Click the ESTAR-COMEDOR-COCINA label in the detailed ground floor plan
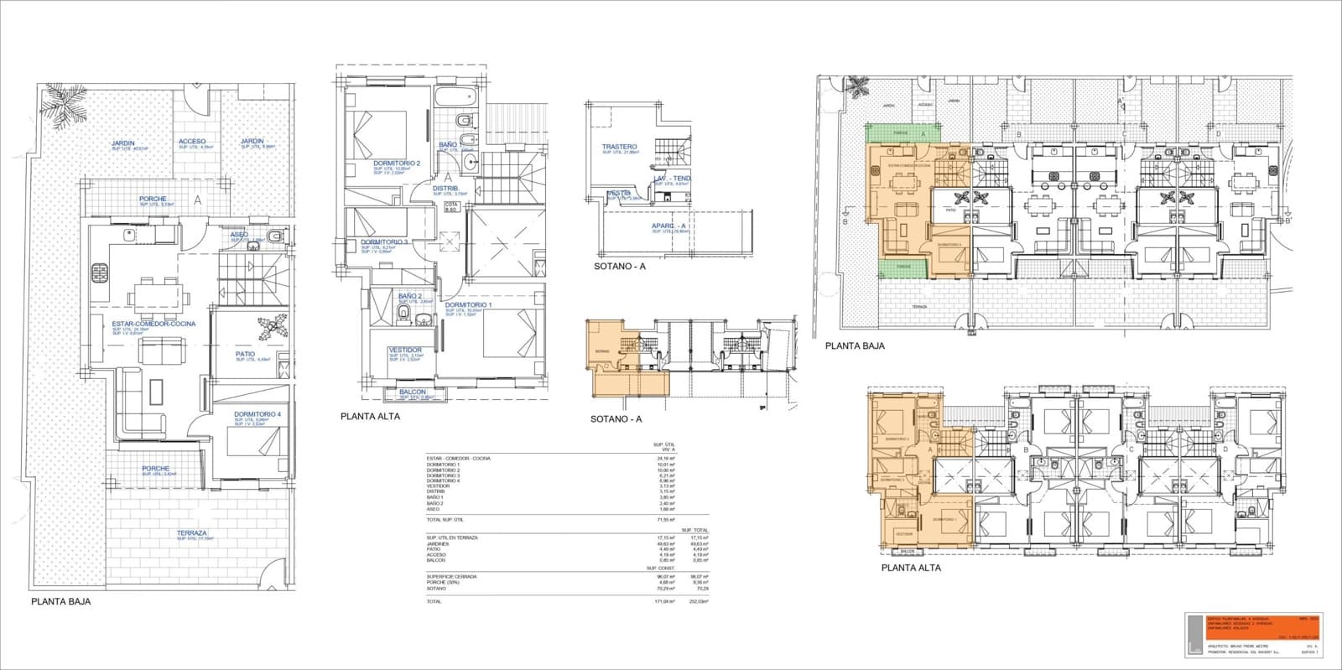(x=153, y=324)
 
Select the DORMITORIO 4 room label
(x=257, y=414)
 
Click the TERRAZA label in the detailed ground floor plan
(x=191, y=533)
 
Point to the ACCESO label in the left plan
(x=192, y=142)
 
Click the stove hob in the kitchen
(x=100, y=272)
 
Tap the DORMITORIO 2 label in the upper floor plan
(x=397, y=164)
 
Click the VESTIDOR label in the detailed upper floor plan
(x=405, y=350)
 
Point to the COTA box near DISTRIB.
(x=451, y=207)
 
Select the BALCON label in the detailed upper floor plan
(x=412, y=392)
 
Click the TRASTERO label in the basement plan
(x=619, y=148)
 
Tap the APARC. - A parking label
(x=669, y=226)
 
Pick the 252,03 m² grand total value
(x=700, y=601)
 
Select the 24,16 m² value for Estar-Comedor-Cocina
(x=666, y=459)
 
